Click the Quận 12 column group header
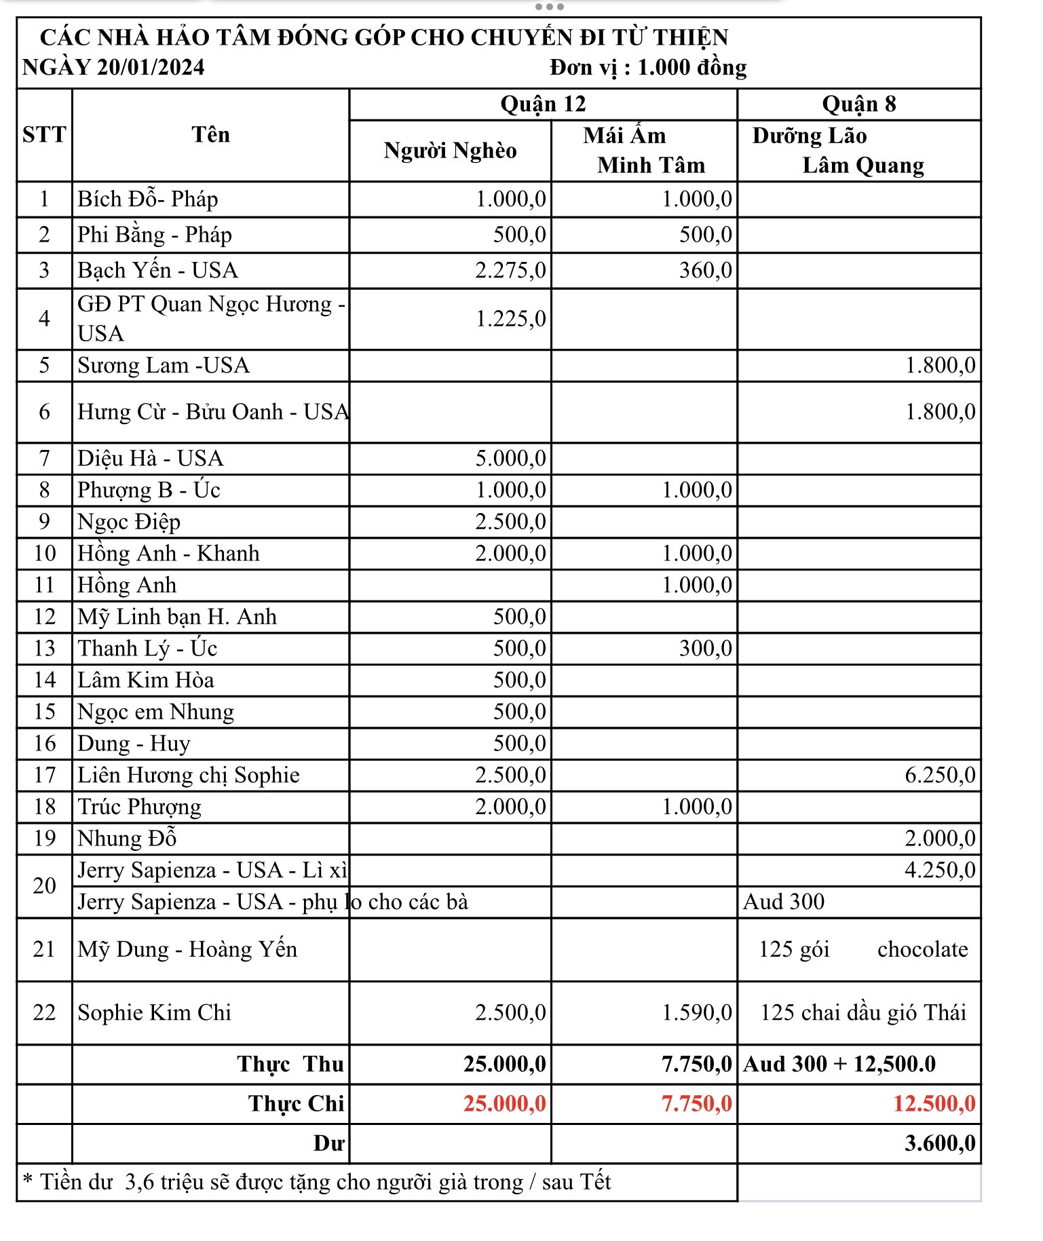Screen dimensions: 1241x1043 [x=543, y=104]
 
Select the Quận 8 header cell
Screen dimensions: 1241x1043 [x=858, y=104]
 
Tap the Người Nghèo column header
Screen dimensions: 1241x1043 [x=450, y=150]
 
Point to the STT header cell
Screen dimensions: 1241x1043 [x=44, y=134]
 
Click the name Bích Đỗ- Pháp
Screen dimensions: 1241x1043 [x=147, y=199]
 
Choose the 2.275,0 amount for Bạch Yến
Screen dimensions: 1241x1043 [x=510, y=270]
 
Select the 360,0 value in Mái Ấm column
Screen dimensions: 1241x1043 [x=705, y=270]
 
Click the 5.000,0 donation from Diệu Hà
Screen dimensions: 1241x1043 [x=510, y=458]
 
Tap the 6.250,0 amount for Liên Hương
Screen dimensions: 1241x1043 [x=940, y=775]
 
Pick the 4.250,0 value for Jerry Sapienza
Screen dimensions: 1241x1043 [x=940, y=870]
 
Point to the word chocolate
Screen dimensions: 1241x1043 [x=922, y=949]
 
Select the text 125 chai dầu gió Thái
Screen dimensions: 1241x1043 [x=862, y=1012]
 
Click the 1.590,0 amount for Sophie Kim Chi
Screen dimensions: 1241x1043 [x=697, y=1012]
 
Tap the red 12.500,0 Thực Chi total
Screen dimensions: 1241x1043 [x=934, y=1104]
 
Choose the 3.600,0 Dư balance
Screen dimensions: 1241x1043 [x=940, y=1143]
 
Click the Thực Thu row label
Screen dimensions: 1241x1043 [x=290, y=1064]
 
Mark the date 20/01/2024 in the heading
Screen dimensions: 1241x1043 [x=150, y=67]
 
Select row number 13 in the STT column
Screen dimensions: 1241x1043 [x=44, y=648]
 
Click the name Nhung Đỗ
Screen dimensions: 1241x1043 [x=127, y=839]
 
